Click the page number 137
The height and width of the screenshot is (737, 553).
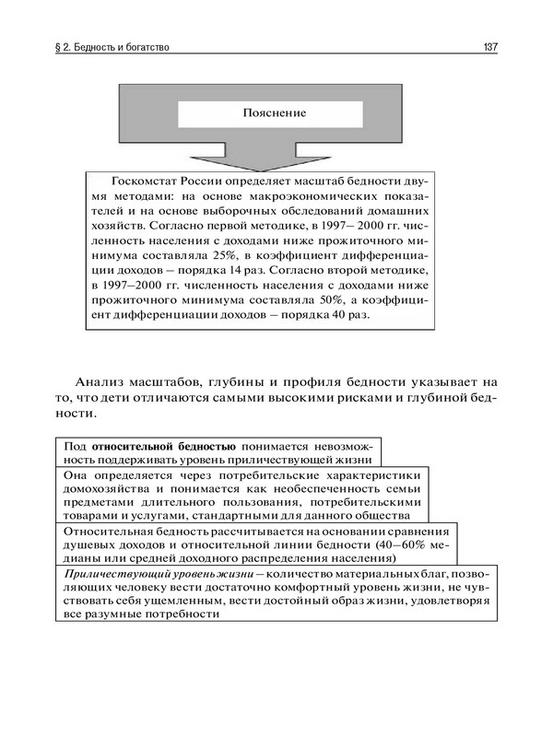click(x=489, y=46)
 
